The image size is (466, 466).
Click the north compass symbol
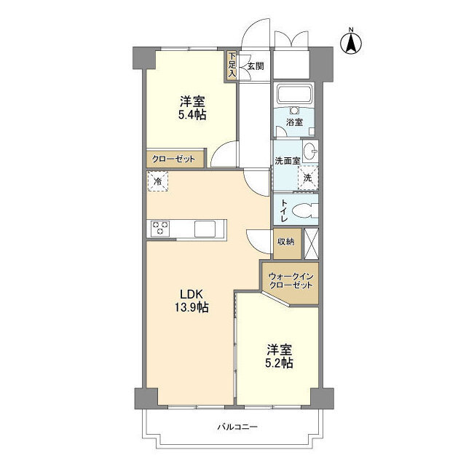pyautogui.click(x=351, y=44)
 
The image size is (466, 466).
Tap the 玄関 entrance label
pyautogui.click(x=256, y=66)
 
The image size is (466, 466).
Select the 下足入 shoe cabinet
pyautogui.click(x=232, y=66)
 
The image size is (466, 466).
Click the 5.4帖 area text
pyautogui.click(x=192, y=115)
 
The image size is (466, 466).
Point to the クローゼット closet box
pyautogui.click(x=175, y=159)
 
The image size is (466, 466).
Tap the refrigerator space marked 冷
pyautogui.click(x=158, y=181)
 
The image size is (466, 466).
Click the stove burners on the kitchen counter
pyautogui.click(x=160, y=228)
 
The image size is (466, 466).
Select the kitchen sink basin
pyautogui.click(x=205, y=229)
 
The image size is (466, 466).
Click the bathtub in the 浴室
pyautogui.click(x=294, y=92)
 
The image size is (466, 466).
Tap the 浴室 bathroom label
pyautogui.click(x=294, y=122)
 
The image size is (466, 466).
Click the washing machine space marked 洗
pyautogui.click(x=308, y=178)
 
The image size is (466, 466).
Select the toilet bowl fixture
pyautogui.click(x=305, y=210)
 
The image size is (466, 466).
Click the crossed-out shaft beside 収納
pyautogui.click(x=312, y=244)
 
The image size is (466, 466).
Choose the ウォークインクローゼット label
pyautogui.click(x=291, y=281)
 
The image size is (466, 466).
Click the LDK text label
pyautogui.click(x=191, y=294)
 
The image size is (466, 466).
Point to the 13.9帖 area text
pyautogui.click(x=191, y=307)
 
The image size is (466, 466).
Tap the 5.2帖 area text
pyautogui.click(x=279, y=363)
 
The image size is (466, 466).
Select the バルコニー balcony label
pyautogui.click(x=237, y=427)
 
